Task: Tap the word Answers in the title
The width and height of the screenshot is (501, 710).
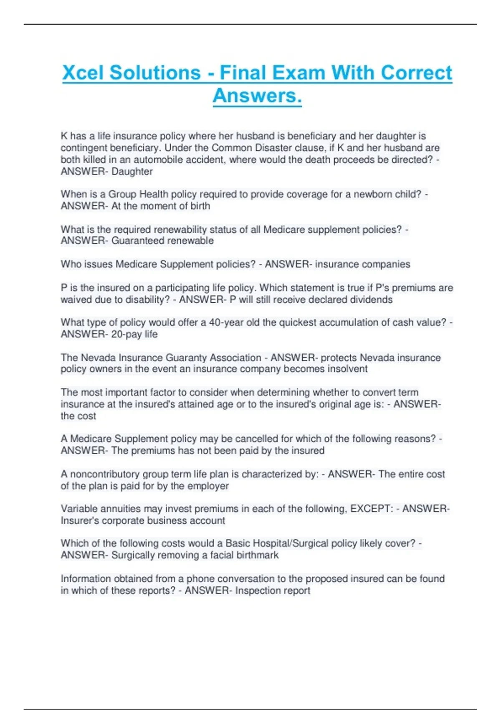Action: pyautogui.click(x=257, y=96)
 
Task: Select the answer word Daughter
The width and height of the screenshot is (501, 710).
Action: pyautogui.click(x=132, y=172)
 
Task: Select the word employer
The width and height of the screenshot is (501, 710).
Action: pyautogui.click(x=208, y=486)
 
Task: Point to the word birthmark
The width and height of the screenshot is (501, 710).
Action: pyautogui.click(x=257, y=555)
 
